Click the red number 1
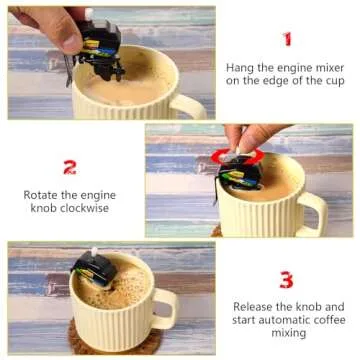(287, 39)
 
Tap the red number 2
(70, 167)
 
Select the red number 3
(286, 279)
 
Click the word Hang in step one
(241, 68)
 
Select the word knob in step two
(41, 209)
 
